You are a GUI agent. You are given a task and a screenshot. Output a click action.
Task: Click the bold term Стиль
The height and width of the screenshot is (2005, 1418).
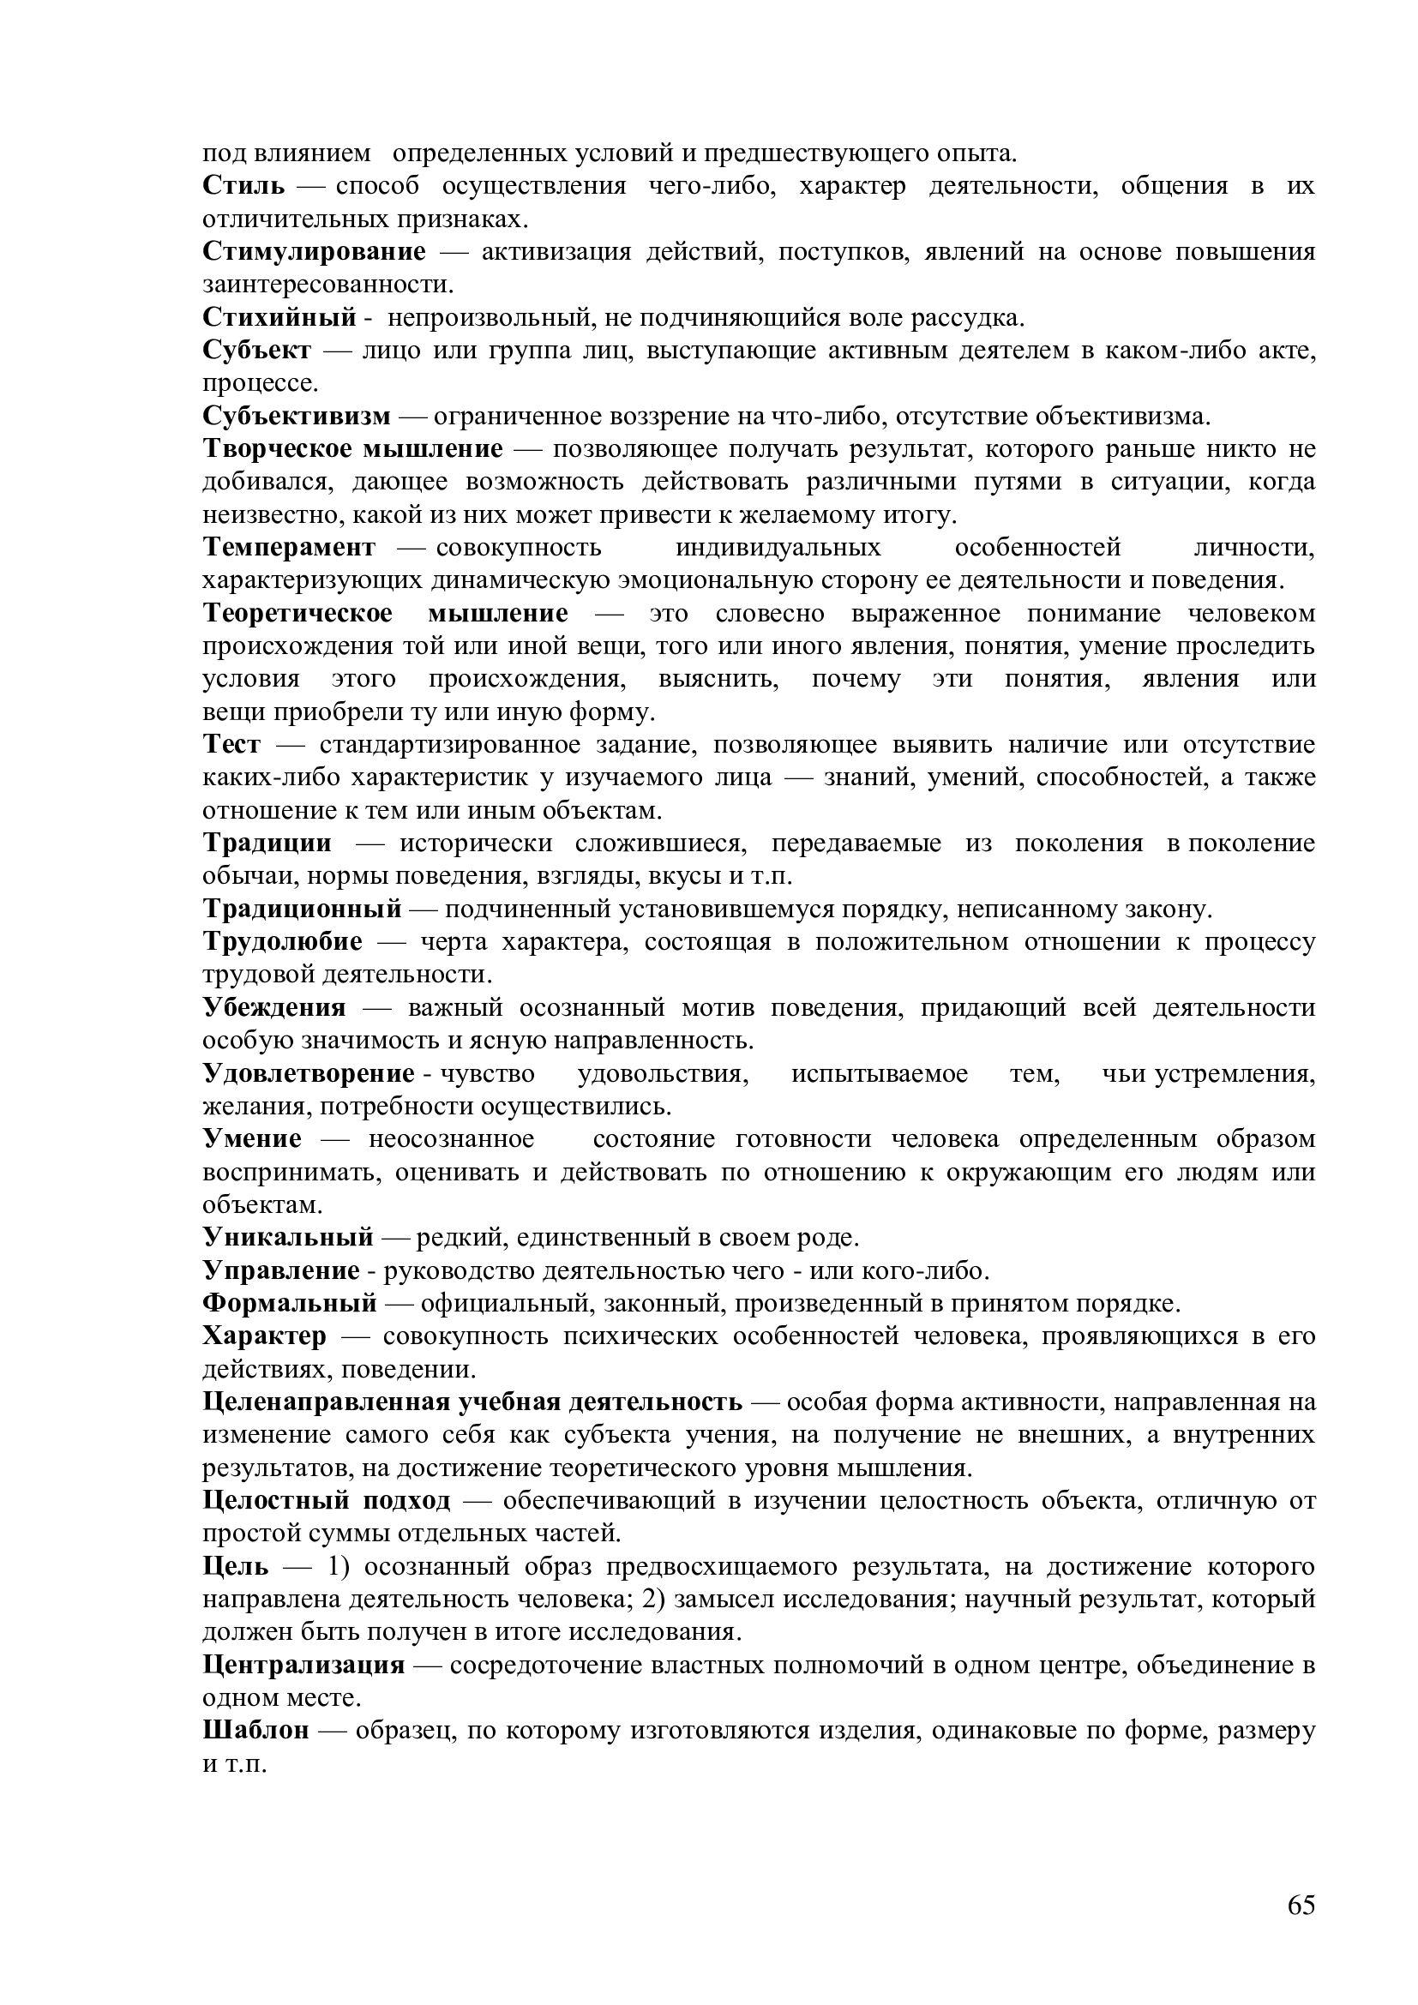[243, 186]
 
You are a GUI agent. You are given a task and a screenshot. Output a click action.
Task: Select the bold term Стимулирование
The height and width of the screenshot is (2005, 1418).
[315, 252]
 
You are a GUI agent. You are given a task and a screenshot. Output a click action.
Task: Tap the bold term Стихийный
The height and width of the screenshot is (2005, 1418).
[279, 318]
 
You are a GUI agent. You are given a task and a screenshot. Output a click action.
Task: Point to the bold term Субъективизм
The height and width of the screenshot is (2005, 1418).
[297, 417]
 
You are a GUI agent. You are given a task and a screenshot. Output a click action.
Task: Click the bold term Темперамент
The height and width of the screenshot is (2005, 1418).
[289, 548]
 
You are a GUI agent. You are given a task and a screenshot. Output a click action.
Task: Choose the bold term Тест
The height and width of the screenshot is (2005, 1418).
[231, 745]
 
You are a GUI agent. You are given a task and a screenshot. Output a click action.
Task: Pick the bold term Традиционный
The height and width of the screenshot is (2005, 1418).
[302, 910]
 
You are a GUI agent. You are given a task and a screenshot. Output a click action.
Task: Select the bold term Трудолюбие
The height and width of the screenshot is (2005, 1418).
[282, 942]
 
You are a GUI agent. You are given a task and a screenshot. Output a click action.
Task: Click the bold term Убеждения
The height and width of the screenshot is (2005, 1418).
[274, 1009]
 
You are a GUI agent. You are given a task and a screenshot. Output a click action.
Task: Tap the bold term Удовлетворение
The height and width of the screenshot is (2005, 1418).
[309, 1074]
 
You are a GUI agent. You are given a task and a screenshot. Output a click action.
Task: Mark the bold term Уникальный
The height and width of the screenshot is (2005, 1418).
[288, 1239]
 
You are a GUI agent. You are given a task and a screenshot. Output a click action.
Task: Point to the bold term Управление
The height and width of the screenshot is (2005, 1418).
[281, 1270]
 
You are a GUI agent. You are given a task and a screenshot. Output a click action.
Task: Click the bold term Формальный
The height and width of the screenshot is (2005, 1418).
[290, 1304]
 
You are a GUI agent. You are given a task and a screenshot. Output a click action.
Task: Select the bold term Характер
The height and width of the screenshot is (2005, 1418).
[265, 1337]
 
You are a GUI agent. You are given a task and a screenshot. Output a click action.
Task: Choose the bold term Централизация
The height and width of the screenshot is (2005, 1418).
[303, 1666]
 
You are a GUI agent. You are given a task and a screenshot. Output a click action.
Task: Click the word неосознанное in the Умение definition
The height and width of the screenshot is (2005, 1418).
[452, 1139]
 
